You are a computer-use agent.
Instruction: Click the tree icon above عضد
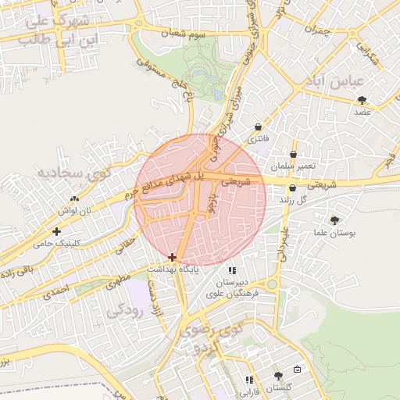click(x=361, y=99)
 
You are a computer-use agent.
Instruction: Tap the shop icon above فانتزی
click(x=258, y=127)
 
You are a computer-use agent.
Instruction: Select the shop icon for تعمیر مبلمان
click(x=294, y=154)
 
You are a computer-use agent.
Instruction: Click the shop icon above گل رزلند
click(x=292, y=188)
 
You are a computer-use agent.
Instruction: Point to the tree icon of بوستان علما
click(x=335, y=220)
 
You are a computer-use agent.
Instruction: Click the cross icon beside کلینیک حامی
click(x=56, y=231)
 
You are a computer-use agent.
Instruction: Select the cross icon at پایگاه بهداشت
click(x=172, y=256)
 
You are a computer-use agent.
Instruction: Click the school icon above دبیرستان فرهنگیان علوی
click(x=231, y=270)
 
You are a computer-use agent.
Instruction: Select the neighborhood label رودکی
click(x=123, y=309)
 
